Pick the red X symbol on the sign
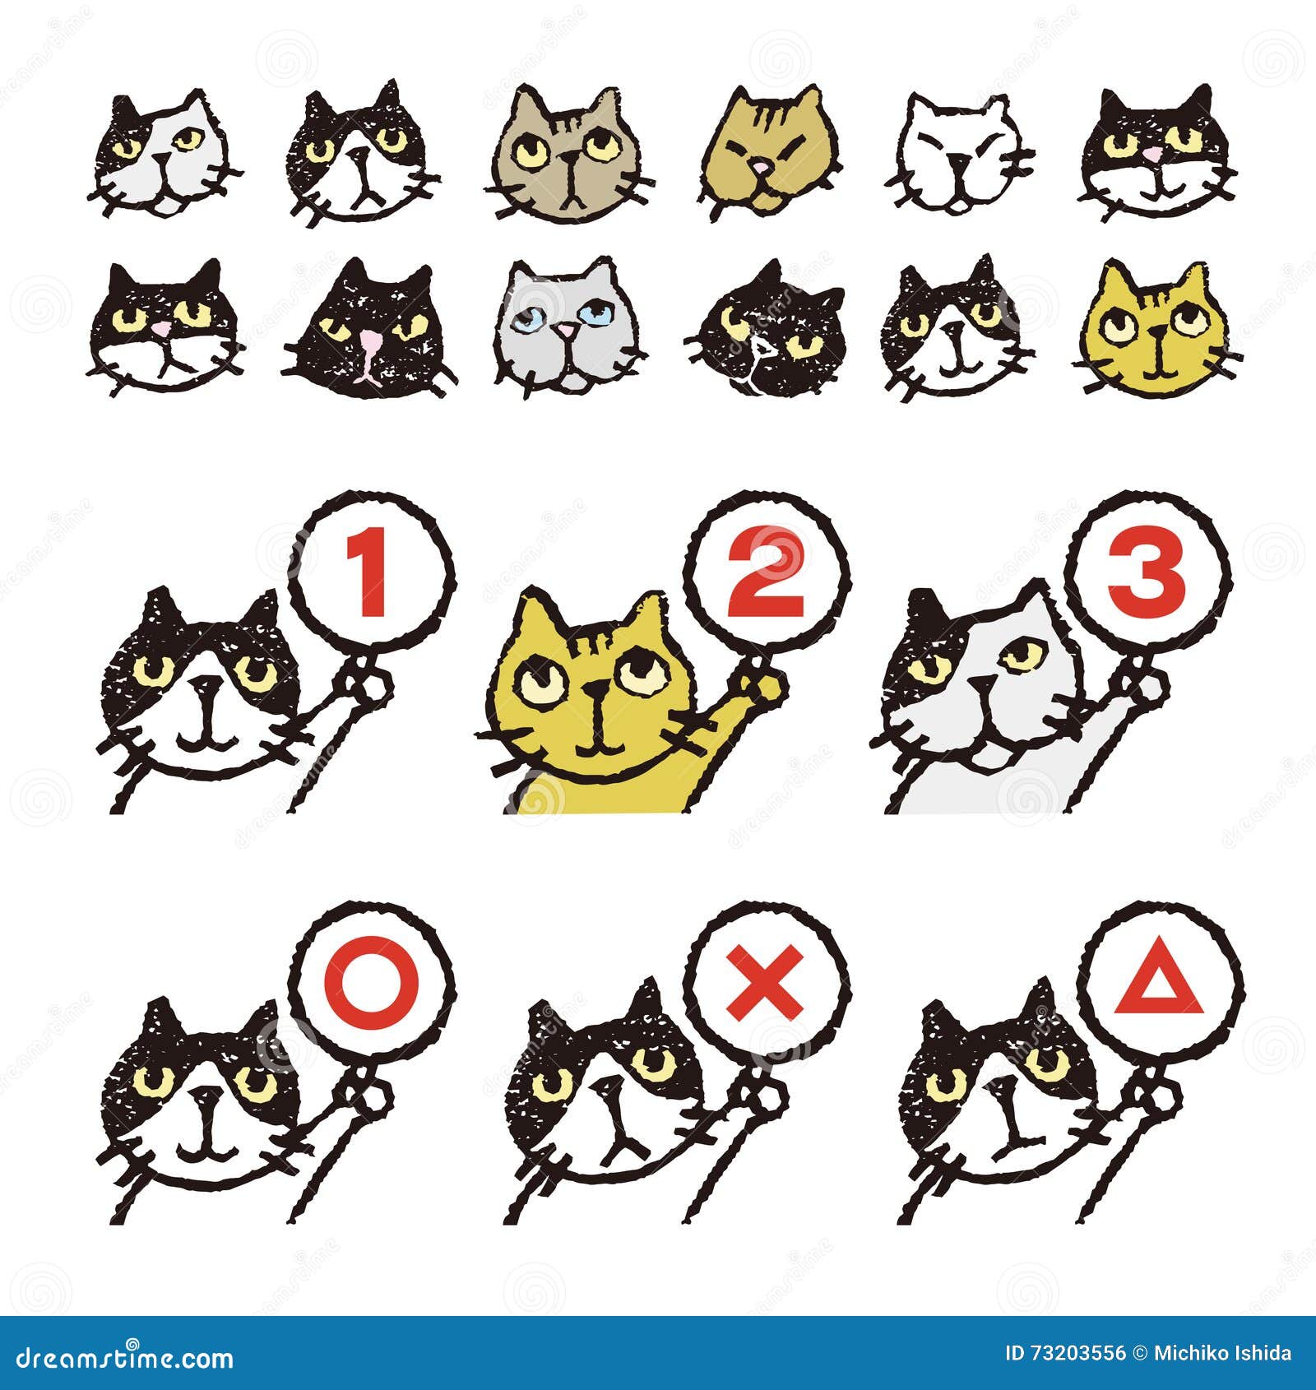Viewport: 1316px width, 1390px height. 766,982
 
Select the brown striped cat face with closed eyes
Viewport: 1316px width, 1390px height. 765,152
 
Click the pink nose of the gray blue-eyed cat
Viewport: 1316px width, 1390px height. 566,329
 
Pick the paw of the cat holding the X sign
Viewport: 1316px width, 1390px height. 765,1098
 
